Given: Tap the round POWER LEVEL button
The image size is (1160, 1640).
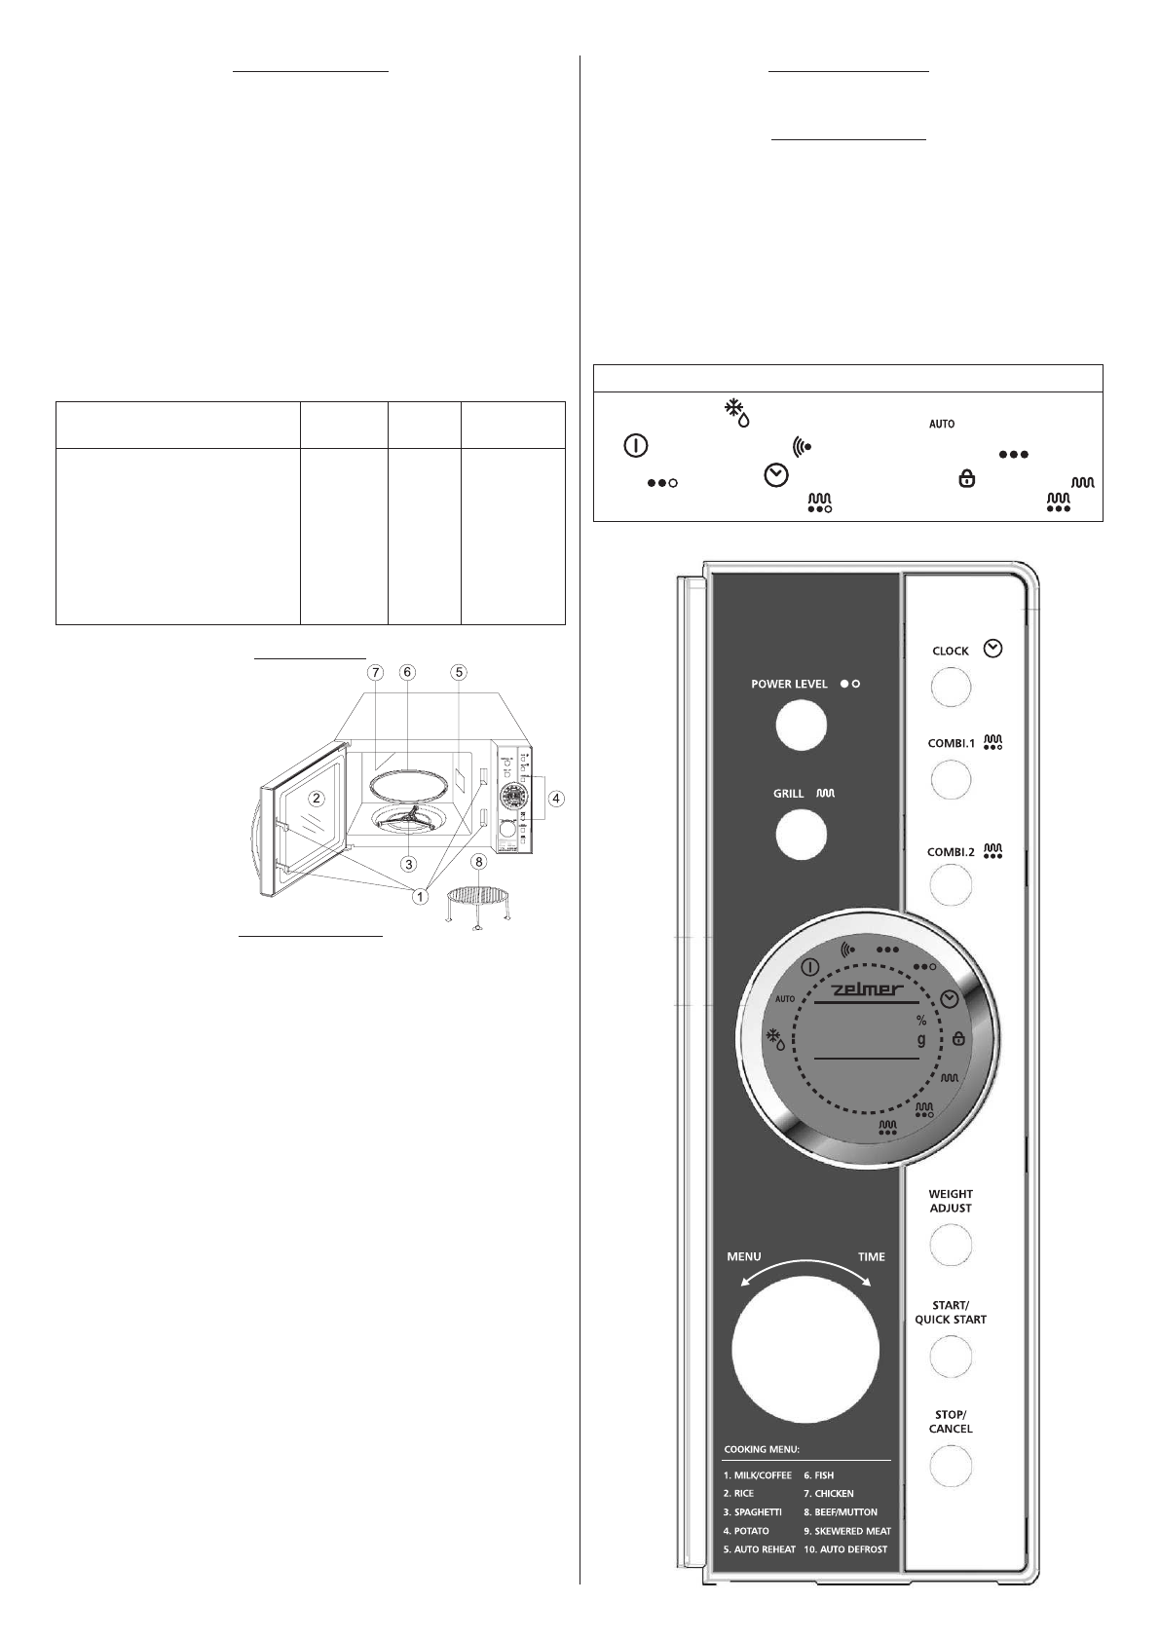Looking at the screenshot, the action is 801,726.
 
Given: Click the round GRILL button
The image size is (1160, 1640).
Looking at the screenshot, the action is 801,835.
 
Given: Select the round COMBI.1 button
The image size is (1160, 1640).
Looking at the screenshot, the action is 951,779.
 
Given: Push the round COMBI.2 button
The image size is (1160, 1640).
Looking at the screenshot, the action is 951,886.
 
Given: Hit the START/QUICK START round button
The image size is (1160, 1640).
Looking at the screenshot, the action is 951,1355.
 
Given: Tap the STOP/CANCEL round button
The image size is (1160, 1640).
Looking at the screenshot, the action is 951,1465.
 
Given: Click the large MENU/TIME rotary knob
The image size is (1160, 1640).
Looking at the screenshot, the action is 805,1352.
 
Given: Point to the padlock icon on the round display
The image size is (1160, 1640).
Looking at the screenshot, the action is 958,1039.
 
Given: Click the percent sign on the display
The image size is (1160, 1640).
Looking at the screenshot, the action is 920,1021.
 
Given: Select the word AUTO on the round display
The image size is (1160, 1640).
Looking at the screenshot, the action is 785,999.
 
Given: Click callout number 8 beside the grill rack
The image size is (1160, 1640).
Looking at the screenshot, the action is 478,862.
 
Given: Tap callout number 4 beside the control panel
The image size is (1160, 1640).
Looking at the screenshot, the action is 554,799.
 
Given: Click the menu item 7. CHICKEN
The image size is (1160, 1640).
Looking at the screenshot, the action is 828,1493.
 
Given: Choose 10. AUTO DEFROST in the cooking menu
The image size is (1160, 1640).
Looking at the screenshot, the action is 844,1549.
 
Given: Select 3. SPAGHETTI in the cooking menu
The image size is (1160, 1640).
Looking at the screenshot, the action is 752,1512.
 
